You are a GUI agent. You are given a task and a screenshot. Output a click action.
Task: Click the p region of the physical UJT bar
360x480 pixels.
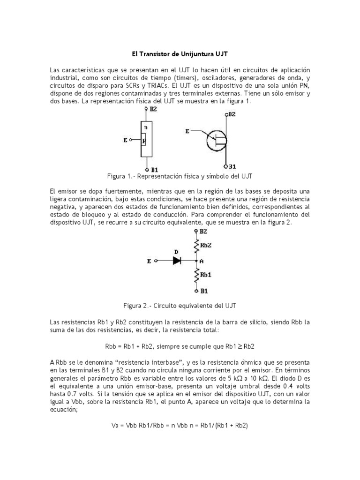tap(144, 141)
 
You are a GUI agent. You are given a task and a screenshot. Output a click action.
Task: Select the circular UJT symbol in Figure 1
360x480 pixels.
tap(216, 139)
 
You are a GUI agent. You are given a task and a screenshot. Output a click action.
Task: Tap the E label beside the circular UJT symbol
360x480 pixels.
tap(188, 132)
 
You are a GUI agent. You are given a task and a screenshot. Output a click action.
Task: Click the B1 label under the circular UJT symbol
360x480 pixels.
tap(232, 166)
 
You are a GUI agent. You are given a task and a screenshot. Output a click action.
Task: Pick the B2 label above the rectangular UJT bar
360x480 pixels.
tap(153, 109)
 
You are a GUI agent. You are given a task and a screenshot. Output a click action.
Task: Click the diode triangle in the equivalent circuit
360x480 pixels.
tap(177, 261)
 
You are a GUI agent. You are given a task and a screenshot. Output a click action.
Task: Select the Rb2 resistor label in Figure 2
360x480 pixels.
tap(205, 245)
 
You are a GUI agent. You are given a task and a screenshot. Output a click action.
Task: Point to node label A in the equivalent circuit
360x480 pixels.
tap(202, 261)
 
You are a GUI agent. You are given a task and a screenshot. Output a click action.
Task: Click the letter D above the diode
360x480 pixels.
tap(176, 252)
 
